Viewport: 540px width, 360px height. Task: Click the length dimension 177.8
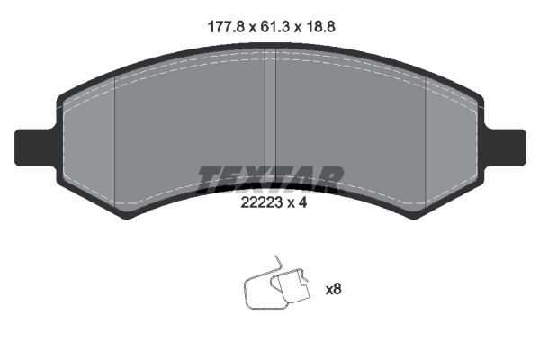tap(221, 27)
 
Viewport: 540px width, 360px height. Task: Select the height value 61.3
tap(272, 27)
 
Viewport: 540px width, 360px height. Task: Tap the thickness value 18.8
tap(321, 27)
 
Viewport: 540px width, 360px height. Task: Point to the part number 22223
tap(260, 203)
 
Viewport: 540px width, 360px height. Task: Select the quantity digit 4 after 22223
tap(304, 203)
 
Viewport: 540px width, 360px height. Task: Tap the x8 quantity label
tap(333, 290)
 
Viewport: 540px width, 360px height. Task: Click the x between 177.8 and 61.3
tap(247, 27)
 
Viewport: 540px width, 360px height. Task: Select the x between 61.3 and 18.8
tap(297, 27)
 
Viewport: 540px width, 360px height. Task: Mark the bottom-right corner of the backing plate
tap(415, 216)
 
